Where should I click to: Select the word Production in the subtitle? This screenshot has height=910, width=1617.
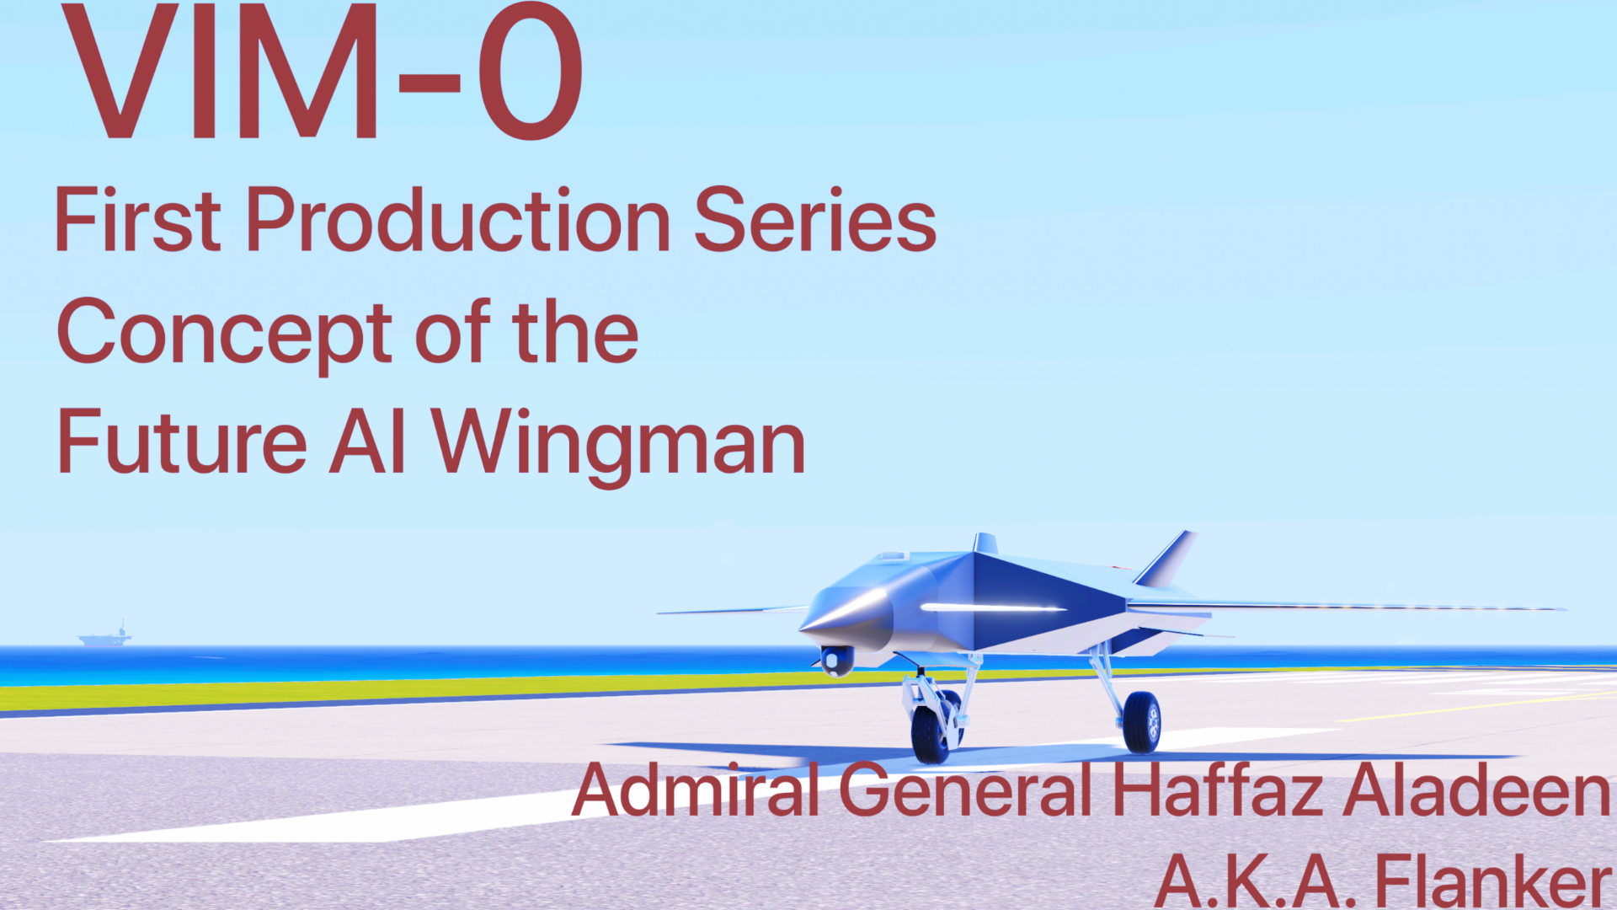click(x=458, y=221)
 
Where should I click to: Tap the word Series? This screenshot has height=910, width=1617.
click(x=815, y=221)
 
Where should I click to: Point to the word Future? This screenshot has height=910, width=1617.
click(x=182, y=442)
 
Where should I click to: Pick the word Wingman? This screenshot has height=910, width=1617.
click(x=619, y=447)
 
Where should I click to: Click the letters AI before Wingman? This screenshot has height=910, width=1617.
click(x=367, y=442)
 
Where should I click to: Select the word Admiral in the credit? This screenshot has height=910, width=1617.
click(x=696, y=790)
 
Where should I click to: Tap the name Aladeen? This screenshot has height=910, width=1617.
click(x=1476, y=790)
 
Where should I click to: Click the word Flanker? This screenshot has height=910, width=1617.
click(x=1493, y=881)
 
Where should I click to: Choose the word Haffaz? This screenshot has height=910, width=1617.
click(x=1218, y=790)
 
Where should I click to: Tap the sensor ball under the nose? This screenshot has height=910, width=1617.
click(x=836, y=661)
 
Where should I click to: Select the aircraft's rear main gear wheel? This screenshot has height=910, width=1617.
click(x=1142, y=722)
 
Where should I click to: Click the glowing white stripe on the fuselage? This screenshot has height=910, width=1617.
click(x=994, y=607)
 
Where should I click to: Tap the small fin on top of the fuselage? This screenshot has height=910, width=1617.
click(x=985, y=543)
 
